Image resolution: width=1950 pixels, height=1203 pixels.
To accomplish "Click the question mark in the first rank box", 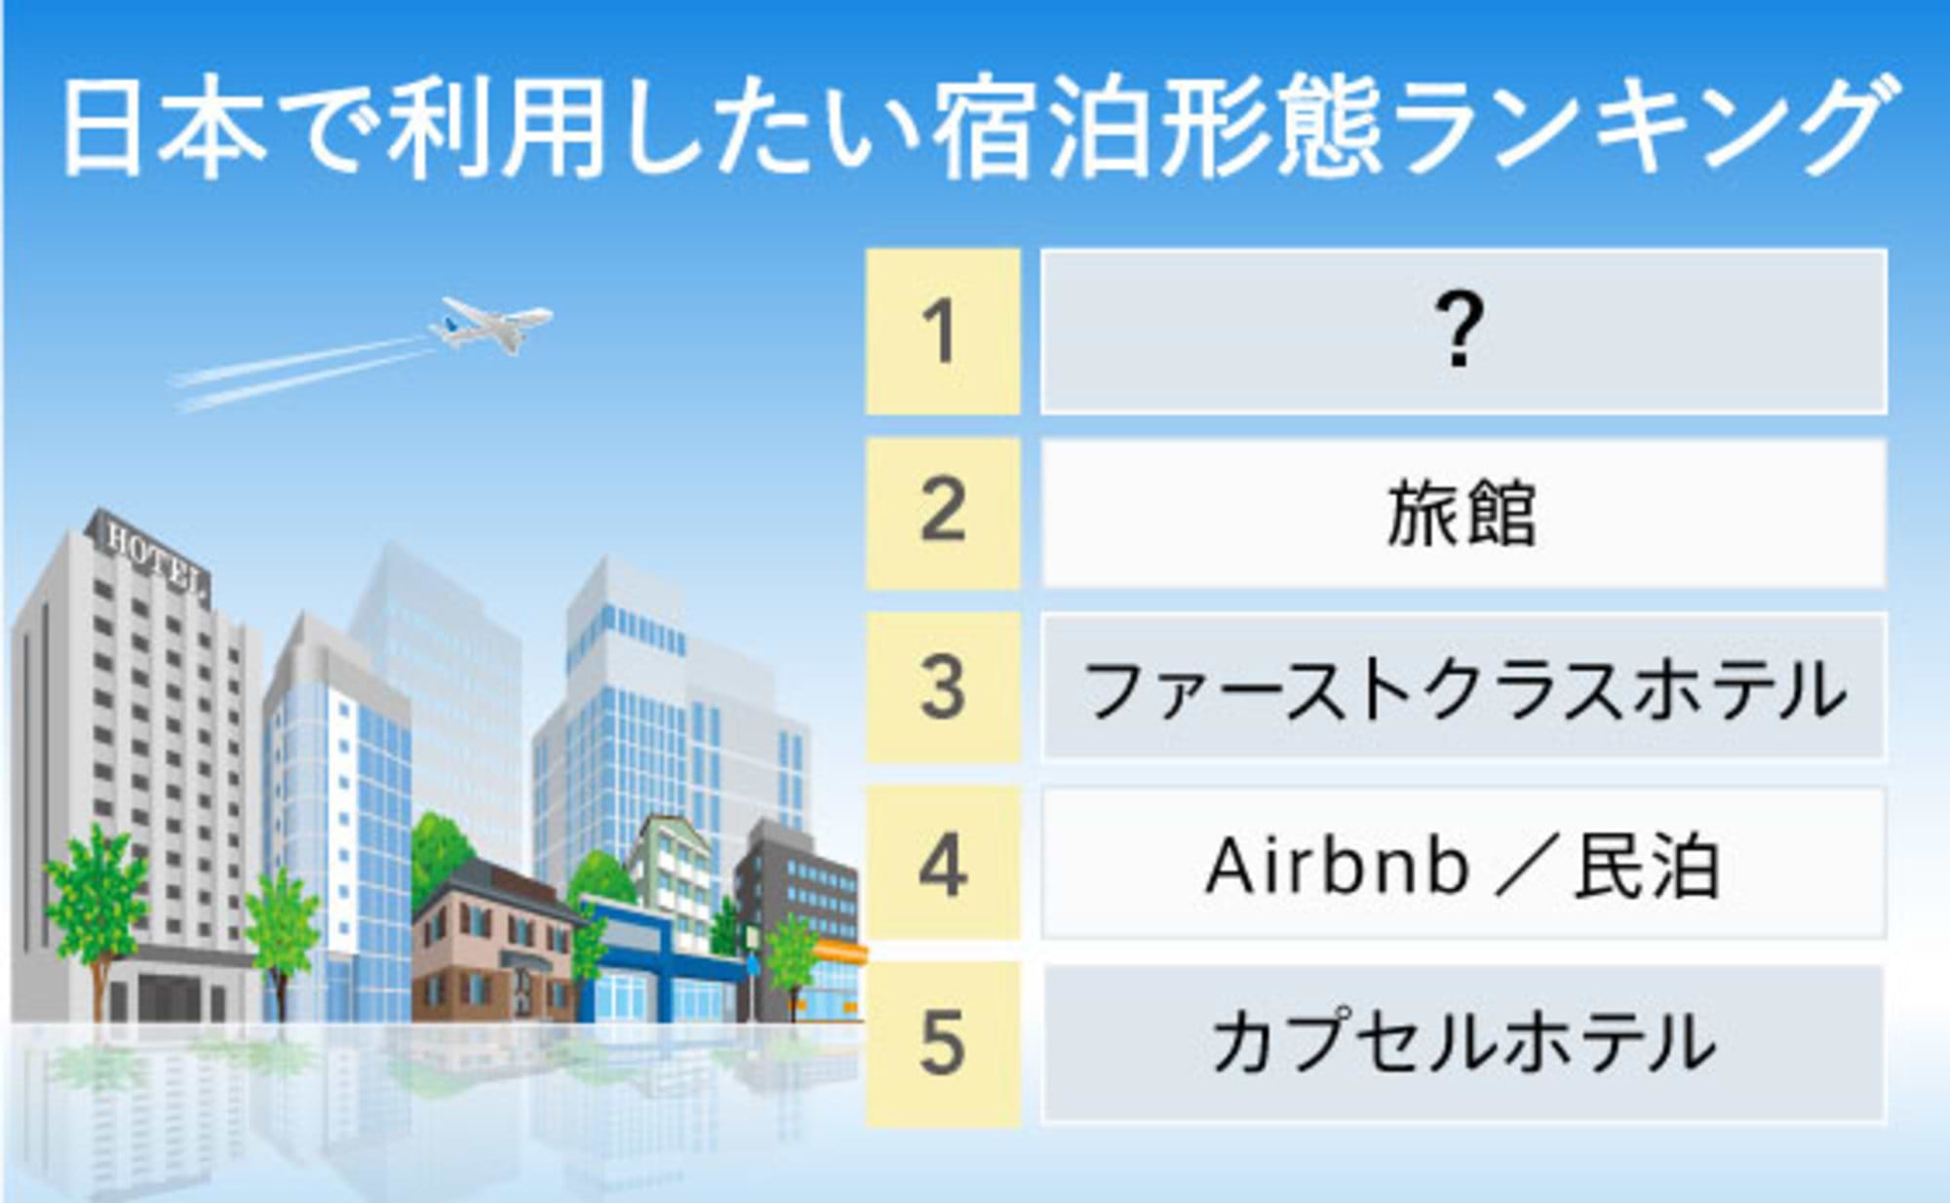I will [1460, 332].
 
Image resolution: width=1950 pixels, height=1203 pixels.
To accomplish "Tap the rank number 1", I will [942, 332].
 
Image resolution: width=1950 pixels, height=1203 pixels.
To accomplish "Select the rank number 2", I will [942, 511].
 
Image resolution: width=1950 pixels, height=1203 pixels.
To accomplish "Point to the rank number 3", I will [942, 687].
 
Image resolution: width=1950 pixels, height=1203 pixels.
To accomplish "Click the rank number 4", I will [942, 865].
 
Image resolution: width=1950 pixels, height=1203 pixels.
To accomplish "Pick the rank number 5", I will [942, 1043].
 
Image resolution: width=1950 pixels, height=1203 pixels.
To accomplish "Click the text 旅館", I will [1462, 513].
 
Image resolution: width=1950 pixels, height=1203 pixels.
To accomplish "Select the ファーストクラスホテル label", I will [1463, 690].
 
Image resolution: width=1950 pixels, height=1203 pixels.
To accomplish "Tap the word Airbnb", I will [1337, 866].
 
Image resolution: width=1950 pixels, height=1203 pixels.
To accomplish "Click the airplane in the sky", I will [492, 325].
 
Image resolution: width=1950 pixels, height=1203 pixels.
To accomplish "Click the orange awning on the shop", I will [838, 951].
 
